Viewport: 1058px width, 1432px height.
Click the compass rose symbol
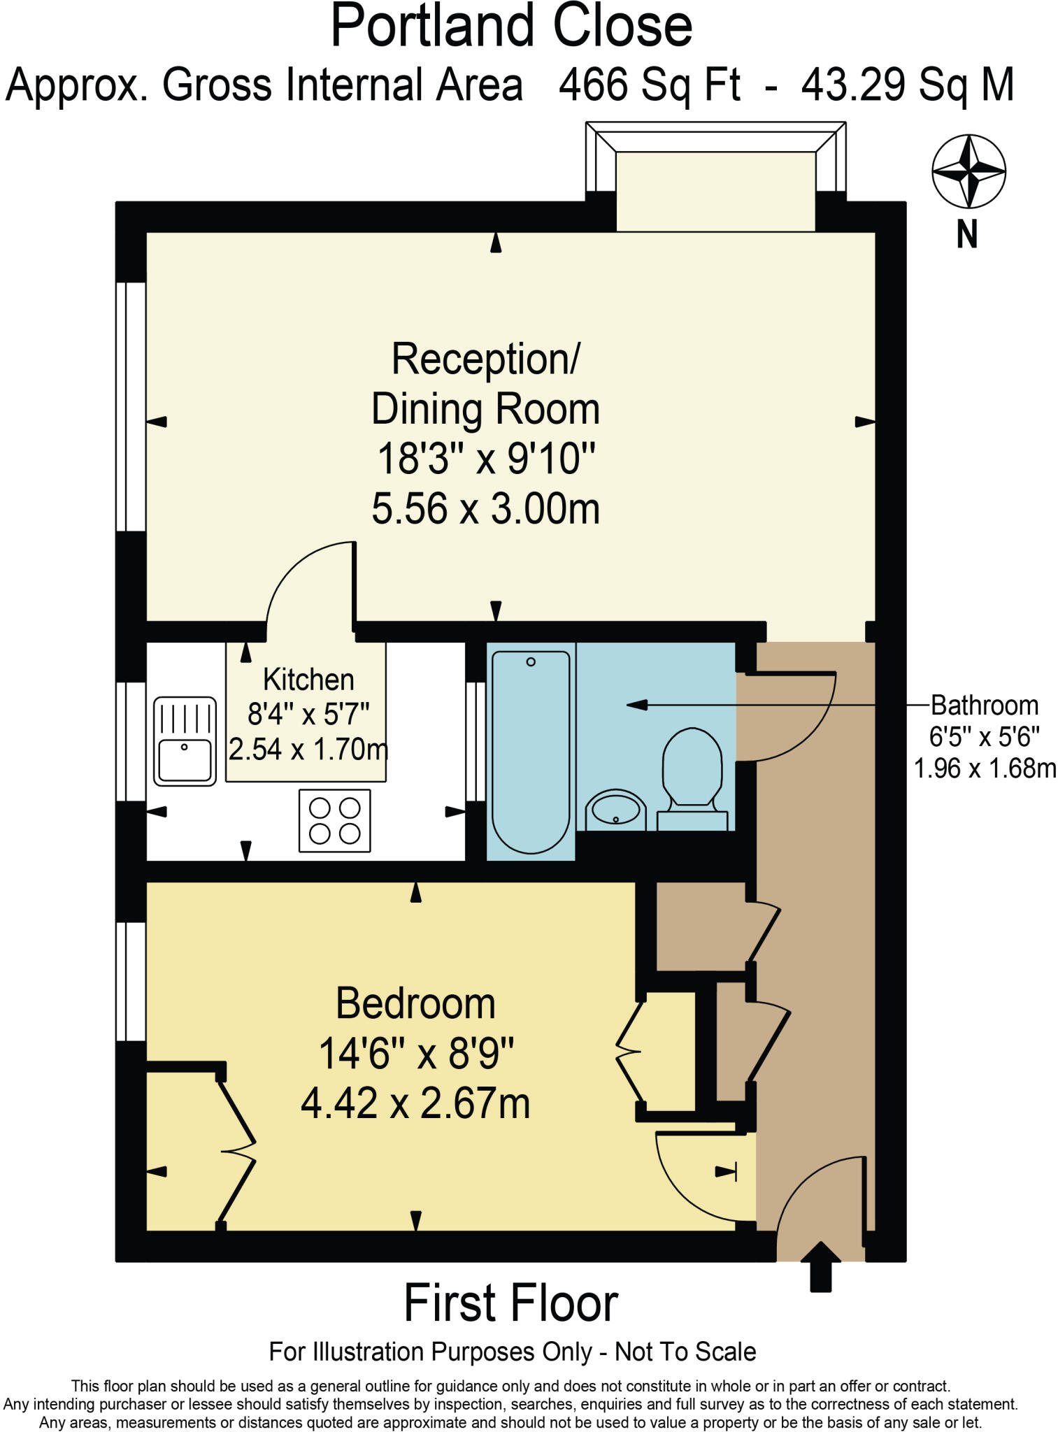[968, 171]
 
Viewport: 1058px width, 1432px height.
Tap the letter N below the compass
[966, 235]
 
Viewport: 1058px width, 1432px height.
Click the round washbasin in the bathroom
[615, 810]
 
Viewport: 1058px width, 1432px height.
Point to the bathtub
[531, 751]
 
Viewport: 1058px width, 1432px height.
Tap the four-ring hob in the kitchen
[334, 820]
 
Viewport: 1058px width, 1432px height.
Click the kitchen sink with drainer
[185, 741]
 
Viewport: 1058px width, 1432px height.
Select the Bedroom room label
[415, 1004]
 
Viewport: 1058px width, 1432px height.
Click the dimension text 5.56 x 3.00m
[485, 508]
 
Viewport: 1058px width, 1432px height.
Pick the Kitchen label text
[308, 680]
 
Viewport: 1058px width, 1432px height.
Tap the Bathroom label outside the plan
[985, 706]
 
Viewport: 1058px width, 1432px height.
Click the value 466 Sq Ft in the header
[649, 85]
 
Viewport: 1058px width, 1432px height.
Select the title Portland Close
[511, 27]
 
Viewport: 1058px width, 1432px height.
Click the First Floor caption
[510, 1303]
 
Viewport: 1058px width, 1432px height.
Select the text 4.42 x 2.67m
[415, 1104]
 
